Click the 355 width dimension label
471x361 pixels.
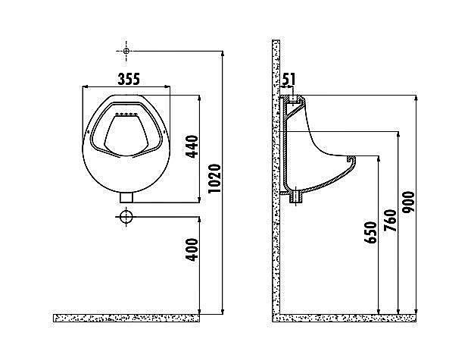point(129,79)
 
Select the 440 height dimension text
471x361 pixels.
point(192,146)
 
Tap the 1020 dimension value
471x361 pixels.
point(214,178)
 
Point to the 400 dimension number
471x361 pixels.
point(192,250)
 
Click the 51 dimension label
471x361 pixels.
point(289,79)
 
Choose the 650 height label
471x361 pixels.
point(370,232)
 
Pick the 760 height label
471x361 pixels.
point(391,221)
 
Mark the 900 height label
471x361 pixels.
point(408,202)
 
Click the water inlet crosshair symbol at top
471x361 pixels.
point(126,51)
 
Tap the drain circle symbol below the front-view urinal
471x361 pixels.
point(126,217)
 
